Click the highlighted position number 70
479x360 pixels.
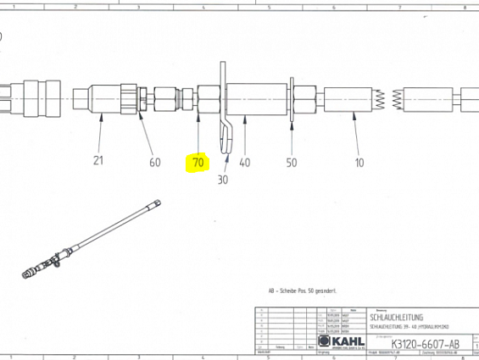point(198,162)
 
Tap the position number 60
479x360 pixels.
point(154,162)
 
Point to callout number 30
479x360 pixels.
point(223,179)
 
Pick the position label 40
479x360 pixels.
point(245,162)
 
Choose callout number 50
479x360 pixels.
point(292,162)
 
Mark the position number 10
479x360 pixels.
point(359,162)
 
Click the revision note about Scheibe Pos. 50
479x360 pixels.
point(303,291)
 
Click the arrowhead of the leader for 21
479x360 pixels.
point(102,118)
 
